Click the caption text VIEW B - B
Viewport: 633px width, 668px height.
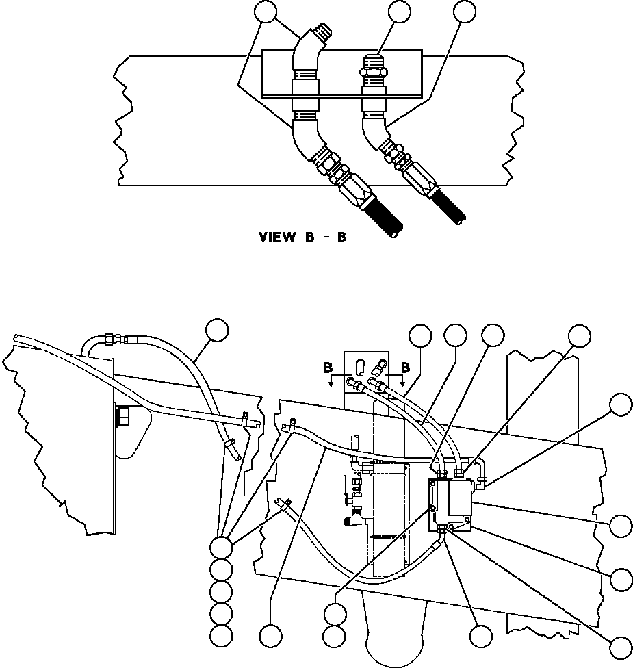(302, 237)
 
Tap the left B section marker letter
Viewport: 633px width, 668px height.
(328, 368)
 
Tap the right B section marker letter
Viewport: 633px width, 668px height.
(405, 368)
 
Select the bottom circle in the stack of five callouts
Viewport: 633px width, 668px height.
(220, 634)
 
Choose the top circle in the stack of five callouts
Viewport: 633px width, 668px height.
(220, 547)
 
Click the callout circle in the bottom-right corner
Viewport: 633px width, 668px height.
(621, 647)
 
